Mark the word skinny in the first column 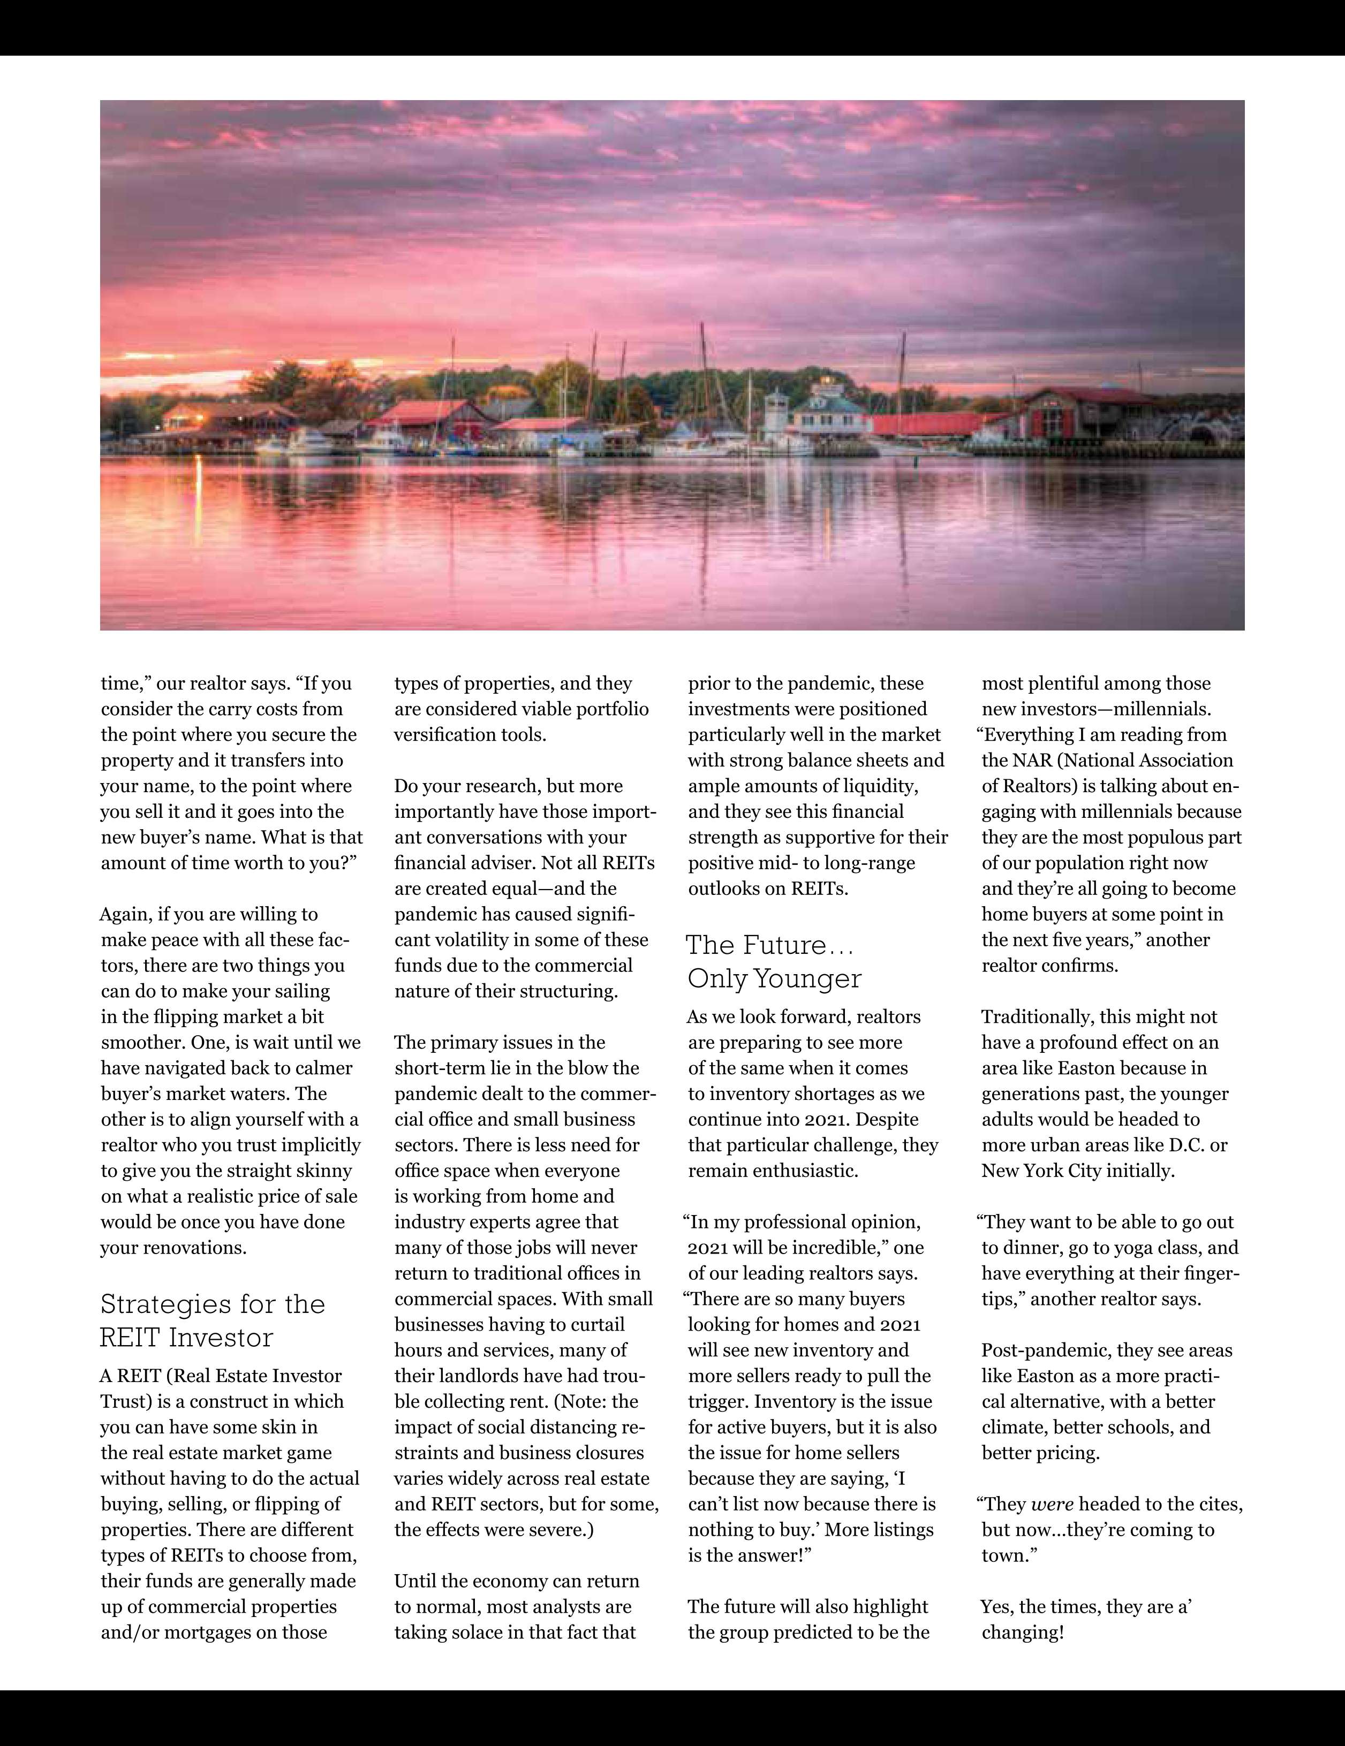coord(324,1171)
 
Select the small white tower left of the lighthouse coord(776,416)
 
